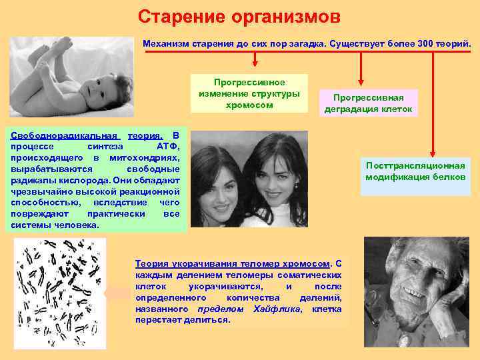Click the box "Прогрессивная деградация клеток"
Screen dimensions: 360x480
pyautogui.click(x=368, y=103)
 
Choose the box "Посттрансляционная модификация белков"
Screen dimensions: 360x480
pyautogui.click(x=415, y=171)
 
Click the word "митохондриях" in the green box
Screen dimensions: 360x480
pyautogui.click(x=147, y=157)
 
